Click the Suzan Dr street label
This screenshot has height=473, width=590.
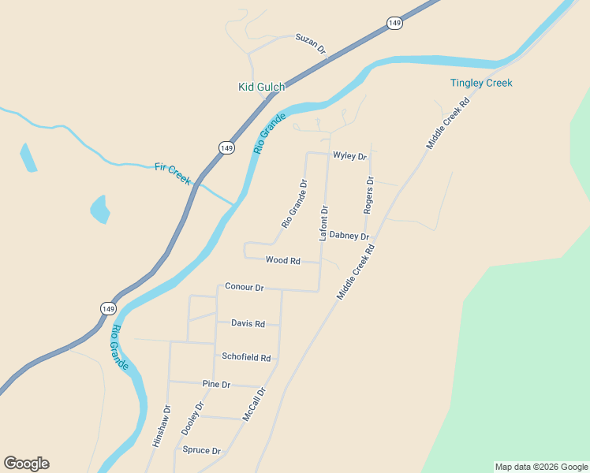(x=311, y=43)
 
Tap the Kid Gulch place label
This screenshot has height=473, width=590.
(x=261, y=87)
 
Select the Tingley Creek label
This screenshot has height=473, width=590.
(x=481, y=83)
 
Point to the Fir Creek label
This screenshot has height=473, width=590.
(x=173, y=173)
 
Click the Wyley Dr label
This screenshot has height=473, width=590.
(x=350, y=156)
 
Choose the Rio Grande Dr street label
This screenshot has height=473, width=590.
(x=294, y=204)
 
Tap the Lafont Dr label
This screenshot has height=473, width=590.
(x=323, y=222)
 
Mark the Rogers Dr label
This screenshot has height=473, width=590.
(x=368, y=195)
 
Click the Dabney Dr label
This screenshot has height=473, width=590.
(x=349, y=236)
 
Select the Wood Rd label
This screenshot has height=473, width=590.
(x=283, y=260)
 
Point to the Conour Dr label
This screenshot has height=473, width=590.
(x=244, y=287)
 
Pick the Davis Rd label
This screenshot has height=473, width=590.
(x=248, y=323)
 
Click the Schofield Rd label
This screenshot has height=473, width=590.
(x=246, y=357)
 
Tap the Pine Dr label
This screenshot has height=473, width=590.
(x=215, y=385)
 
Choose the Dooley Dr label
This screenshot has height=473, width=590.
(x=193, y=419)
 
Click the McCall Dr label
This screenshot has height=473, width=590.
(x=255, y=404)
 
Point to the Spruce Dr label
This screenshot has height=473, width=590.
(x=202, y=450)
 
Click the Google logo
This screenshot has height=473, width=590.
(x=26, y=464)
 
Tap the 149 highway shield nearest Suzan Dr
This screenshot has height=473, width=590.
(x=394, y=24)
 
